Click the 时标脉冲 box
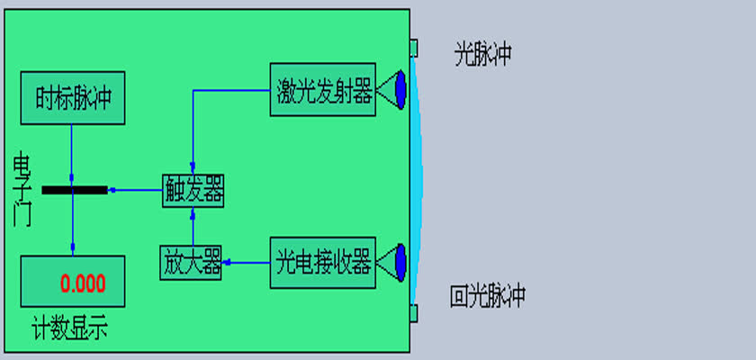click(73, 98)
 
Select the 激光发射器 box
click(322, 90)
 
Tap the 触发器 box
click(193, 191)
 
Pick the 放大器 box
click(191, 263)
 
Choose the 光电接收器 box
click(322, 263)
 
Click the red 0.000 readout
click(83, 283)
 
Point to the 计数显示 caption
click(70, 328)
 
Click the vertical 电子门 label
click(22, 189)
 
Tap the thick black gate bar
click(75, 191)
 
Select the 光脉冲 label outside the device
click(482, 54)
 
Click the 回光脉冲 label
click(488, 296)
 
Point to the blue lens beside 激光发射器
click(400, 90)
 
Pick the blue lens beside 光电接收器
click(400, 263)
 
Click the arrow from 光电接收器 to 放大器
click(246, 263)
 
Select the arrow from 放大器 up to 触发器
click(193, 227)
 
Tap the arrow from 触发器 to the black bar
click(135, 191)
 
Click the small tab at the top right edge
click(414, 49)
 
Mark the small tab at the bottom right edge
click(414, 313)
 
